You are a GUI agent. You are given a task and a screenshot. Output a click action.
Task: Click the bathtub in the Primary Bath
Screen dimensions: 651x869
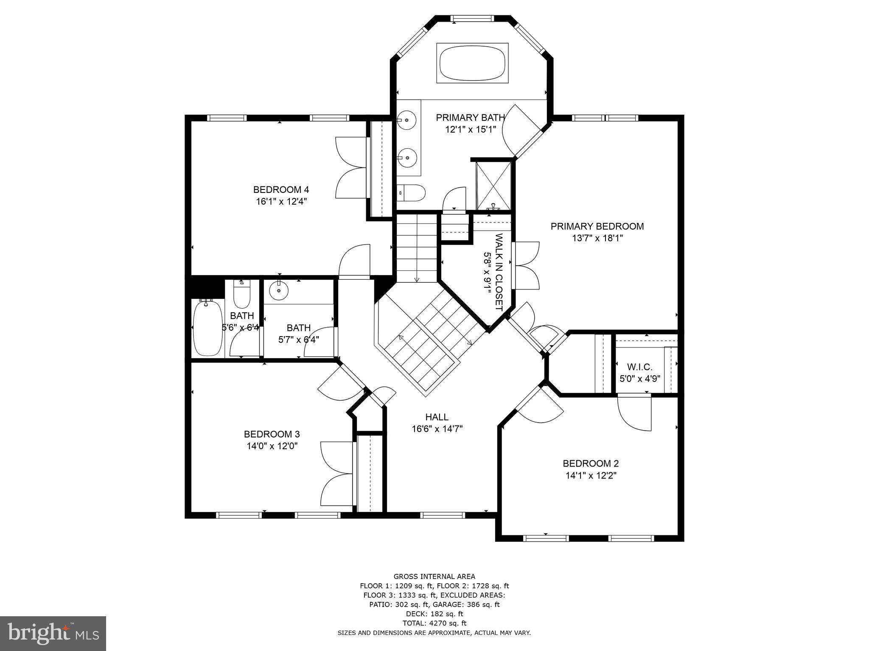pos(472,63)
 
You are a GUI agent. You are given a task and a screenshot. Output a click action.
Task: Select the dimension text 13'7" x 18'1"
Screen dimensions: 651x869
pos(597,238)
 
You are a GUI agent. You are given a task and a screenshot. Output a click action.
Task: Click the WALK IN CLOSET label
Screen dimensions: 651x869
pos(499,272)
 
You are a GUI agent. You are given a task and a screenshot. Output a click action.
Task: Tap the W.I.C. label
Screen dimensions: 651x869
pos(639,367)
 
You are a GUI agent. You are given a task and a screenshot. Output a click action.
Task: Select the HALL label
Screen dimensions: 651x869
pos(437,417)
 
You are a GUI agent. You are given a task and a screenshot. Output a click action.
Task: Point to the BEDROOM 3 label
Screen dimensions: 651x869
pos(272,434)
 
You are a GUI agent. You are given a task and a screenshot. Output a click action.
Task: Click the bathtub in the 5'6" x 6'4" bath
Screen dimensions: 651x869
pos(207,327)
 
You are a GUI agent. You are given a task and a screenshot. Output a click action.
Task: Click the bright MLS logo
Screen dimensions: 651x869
pos(53,633)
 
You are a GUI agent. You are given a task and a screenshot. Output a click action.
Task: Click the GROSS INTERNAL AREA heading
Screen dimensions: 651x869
pos(434,576)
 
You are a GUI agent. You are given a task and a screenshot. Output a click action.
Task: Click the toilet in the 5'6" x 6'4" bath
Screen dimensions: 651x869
pos(242,295)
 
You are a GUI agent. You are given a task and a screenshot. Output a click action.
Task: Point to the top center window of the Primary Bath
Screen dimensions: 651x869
pos(472,18)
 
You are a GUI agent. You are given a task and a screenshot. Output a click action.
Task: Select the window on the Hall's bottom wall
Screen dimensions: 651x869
pos(443,515)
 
